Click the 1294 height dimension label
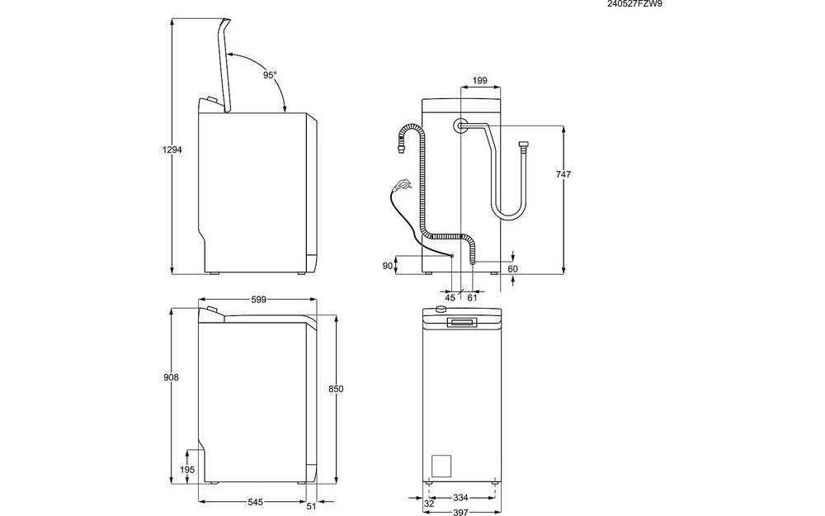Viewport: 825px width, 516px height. (172, 149)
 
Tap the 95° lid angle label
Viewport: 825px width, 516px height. (270, 75)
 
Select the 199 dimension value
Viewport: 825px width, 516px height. (480, 81)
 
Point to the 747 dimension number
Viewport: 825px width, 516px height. (564, 174)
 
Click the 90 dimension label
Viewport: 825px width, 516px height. (387, 265)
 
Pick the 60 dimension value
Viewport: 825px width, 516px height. (512, 269)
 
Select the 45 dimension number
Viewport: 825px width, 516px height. (450, 297)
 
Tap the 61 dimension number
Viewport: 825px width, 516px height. (472, 297)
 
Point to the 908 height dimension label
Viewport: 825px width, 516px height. (172, 377)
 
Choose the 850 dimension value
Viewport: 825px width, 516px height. (336, 388)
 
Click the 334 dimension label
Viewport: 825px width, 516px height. (461, 498)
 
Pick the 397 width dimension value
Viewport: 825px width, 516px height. (461, 512)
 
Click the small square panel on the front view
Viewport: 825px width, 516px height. (442, 466)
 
